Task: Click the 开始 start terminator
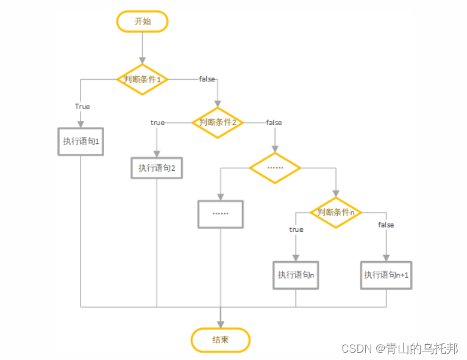142,22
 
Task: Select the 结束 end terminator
220,340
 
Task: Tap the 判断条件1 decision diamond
142,79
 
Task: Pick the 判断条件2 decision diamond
218,122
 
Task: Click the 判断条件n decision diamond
335,212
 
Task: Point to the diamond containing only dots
275,167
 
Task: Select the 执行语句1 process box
80,142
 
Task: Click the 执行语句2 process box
157,168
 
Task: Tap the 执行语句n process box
296,275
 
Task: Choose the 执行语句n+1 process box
386,275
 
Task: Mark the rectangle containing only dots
220,215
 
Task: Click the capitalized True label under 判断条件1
82,106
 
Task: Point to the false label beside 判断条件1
207,79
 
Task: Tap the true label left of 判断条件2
157,123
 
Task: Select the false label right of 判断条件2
274,123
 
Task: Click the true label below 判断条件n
296,229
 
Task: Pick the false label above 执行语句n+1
386,225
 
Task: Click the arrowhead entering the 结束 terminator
220,325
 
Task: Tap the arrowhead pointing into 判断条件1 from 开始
142,60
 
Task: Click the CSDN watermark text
399,348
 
